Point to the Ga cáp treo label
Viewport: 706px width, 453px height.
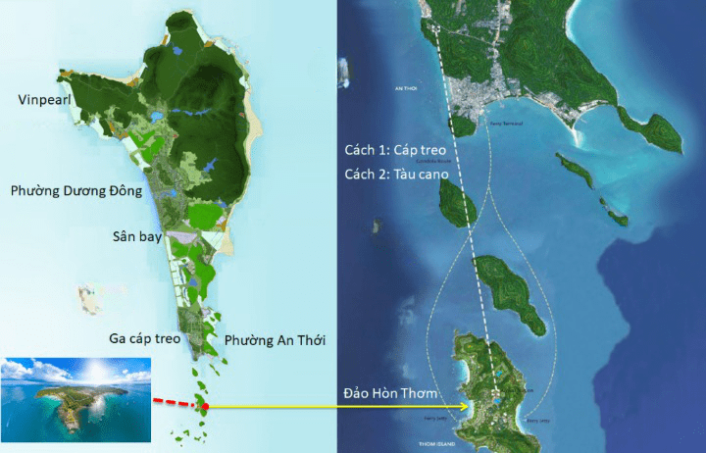pyautogui.click(x=145, y=338)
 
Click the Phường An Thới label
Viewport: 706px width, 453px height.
pyautogui.click(x=276, y=340)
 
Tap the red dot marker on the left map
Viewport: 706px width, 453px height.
pyautogui.click(x=206, y=406)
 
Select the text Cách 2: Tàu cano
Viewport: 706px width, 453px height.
pyautogui.click(x=391, y=174)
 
